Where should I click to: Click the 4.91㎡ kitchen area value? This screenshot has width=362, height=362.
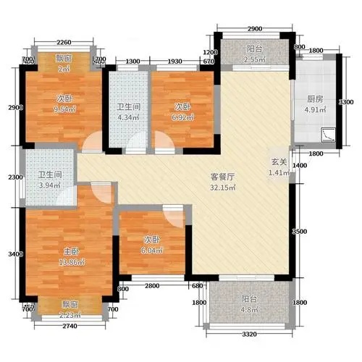pos(313,111)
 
